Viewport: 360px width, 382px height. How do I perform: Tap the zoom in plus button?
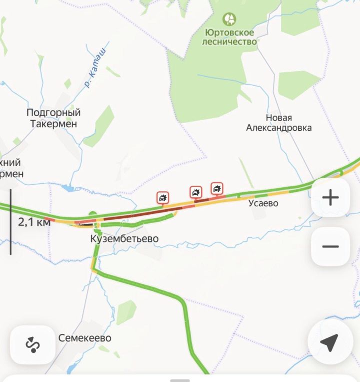pos(330,198)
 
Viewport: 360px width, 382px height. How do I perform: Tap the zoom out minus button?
pos(330,246)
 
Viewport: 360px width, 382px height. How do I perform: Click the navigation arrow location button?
pos(329,343)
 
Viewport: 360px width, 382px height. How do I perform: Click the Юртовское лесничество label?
pos(229,37)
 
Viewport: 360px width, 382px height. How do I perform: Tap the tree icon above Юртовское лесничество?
pos(229,20)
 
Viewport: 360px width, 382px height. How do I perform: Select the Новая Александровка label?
pos(278,123)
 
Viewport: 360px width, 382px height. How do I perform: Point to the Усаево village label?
pos(263,203)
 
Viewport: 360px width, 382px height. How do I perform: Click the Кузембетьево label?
pos(124,239)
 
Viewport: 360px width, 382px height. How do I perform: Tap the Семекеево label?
pos(85,338)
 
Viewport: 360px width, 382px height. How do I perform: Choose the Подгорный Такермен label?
pos(53,118)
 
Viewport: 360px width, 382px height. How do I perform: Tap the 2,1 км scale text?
pos(34,222)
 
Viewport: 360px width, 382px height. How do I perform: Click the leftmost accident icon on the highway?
pos(163,198)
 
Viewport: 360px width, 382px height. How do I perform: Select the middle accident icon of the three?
pos(195,192)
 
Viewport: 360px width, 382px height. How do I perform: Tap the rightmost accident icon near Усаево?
pos(217,188)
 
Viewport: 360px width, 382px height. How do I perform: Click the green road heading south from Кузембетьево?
pos(150,285)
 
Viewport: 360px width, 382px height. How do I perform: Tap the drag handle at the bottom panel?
pos(180,380)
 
